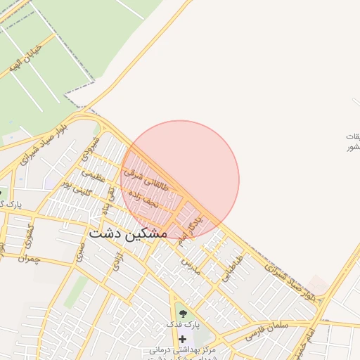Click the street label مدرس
click(191, 266)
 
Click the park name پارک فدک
click(183, 325)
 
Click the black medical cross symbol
click(183, 338)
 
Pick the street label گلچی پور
click(75, 186)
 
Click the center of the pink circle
click(180, 180)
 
